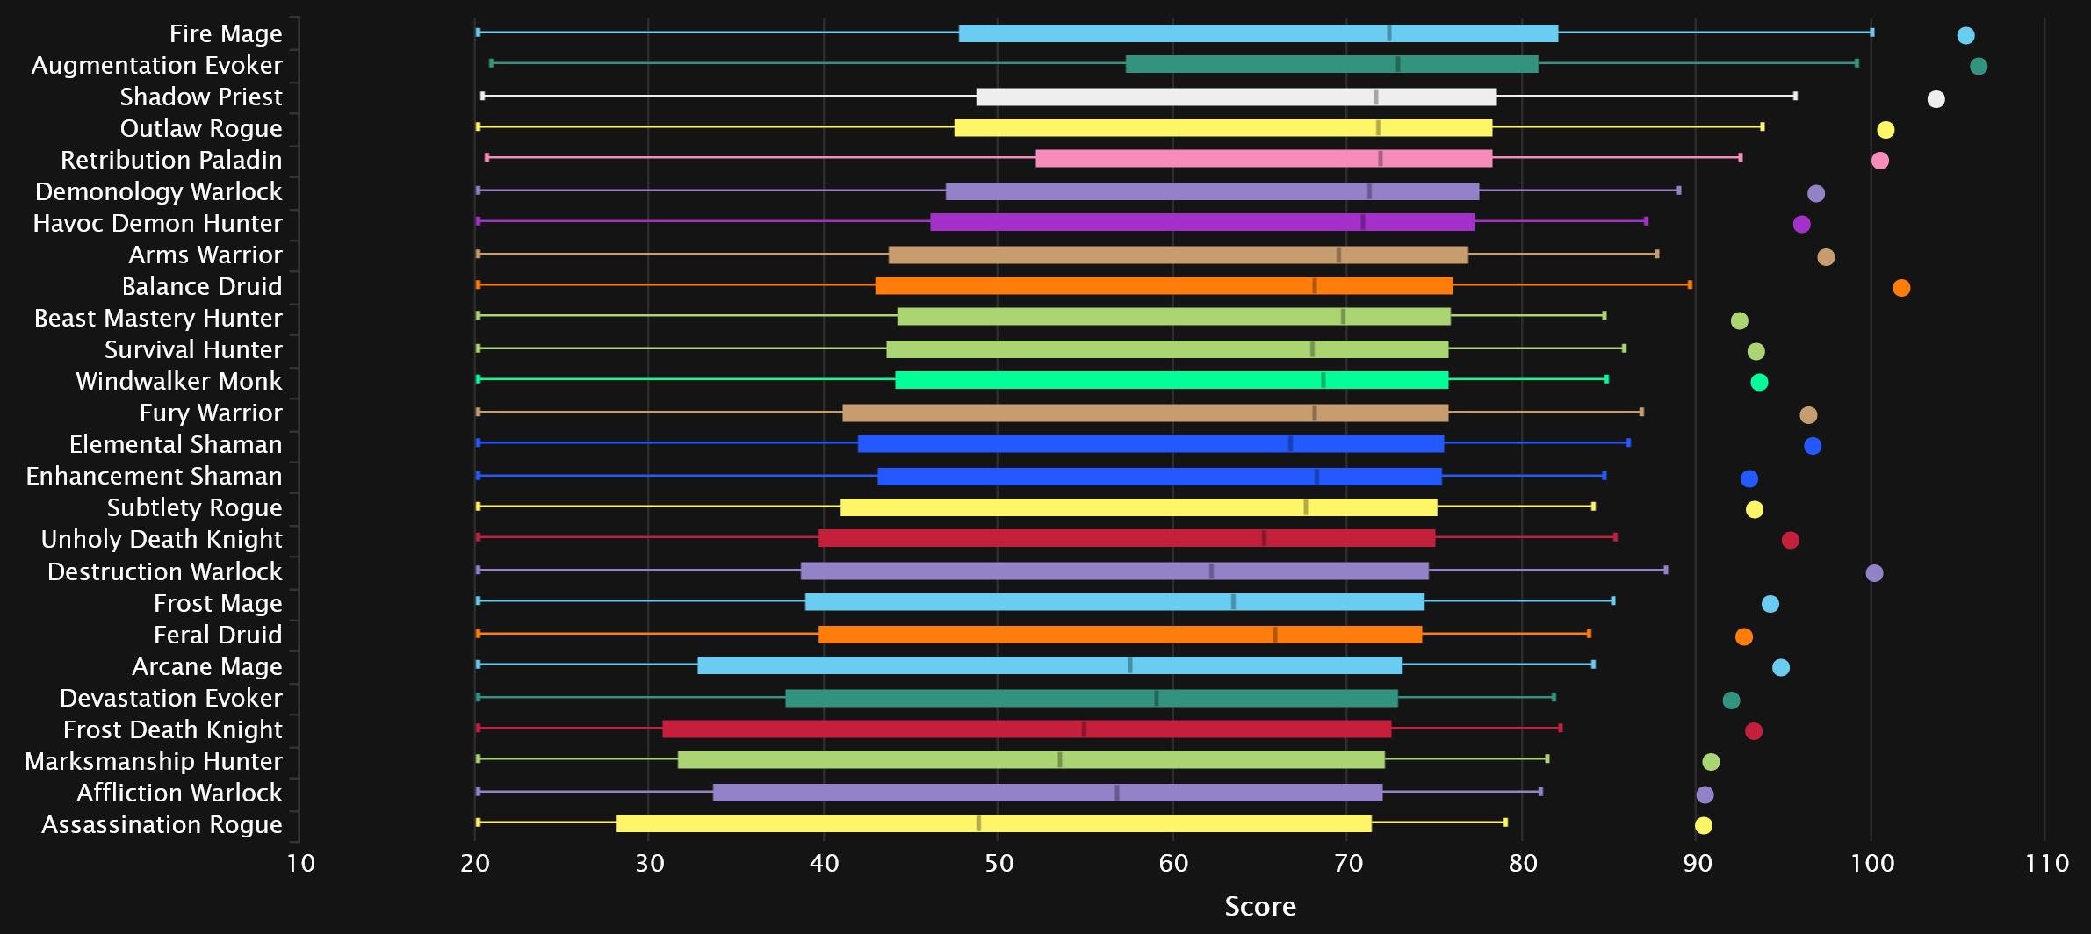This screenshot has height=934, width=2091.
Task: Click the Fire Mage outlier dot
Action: (1965, 35)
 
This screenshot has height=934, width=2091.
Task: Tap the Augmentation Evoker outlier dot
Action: (1978, 66)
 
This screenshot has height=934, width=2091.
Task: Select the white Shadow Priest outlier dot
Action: (1936, 98)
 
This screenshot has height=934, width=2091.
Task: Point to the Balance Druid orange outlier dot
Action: (1901, 288)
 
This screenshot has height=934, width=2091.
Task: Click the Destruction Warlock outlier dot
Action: (1874, 573)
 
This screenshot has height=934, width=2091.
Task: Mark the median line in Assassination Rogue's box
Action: (978, 823)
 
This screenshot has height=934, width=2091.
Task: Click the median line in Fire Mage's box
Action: (1388, 33)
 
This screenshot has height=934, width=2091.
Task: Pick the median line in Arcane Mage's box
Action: (1130, 665)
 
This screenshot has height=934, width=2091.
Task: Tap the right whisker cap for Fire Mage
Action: (1871, 32)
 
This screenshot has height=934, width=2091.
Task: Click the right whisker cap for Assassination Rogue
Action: (1505, 823)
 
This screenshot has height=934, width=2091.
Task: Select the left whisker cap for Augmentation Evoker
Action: (491, 63)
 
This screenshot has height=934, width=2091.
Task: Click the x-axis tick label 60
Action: (1172, 864)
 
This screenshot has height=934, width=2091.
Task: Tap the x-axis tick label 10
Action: (301, 864)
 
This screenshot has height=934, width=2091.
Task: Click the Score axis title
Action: (1259, 907)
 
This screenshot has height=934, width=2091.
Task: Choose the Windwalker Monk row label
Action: (179, 381)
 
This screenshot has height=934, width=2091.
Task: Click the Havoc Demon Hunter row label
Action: (158, 223)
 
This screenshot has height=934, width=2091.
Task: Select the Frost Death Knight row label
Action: (173, 729)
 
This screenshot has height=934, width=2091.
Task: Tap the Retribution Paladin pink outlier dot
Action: (1879, 161)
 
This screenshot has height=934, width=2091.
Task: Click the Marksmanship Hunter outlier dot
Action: (1711, 762)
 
